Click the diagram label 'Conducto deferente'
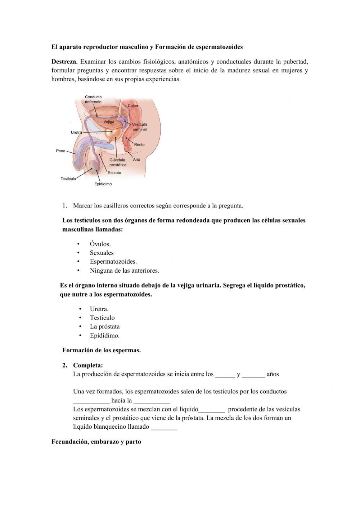[x=93, y=99]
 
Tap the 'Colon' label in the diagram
[x=132, y=106]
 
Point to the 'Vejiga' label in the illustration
[x=109, y=122]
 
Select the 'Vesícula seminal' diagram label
[x=140, y=127]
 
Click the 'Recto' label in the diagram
[x=139, y=145]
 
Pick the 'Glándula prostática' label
[x=118, y=162]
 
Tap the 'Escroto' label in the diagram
[x=114, y=173]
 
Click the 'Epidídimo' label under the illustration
[x=103, y=184]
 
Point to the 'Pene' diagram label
[x=60, y=151]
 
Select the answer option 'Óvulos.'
[x=100, y=244]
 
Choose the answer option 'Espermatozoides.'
[x=113, y=262]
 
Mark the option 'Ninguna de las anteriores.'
[x=124, y=271]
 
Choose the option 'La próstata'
[x=105, y=327]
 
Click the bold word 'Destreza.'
[x=64, y=62]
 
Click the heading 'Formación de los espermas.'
[x=102, y=351]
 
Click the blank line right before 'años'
[x=253, y=375]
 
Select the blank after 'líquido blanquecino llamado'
[x=164, y=428]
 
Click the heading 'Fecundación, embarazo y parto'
[x=96, y=442]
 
